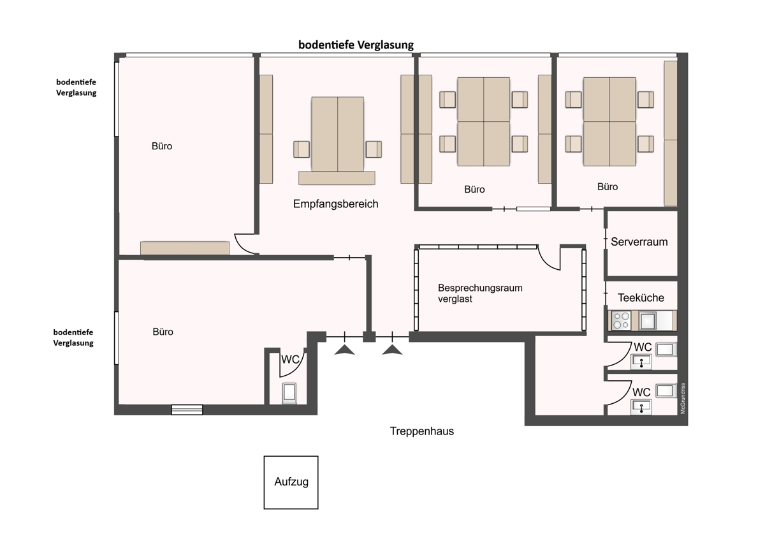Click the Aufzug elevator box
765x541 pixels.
[291, 482]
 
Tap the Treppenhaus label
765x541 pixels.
[422, 431]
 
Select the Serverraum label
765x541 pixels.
[639, 242]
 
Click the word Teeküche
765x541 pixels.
[641, 298]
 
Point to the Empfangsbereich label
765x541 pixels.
[336, 204]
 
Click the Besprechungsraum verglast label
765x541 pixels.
[480, 293]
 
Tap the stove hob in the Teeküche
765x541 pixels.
[621, 320]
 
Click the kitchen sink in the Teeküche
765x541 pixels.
[648, 320]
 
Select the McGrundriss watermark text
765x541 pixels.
[683, 398]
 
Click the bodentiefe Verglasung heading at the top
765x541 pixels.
[356, 45]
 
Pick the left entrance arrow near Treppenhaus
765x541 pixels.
[345, 350]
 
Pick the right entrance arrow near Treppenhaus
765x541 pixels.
[392, 350]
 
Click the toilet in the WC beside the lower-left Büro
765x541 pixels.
[289, 394]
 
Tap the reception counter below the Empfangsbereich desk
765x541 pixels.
[337, 178]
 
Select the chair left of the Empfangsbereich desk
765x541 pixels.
[302, 149]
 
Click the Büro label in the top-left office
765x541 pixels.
[162, 146]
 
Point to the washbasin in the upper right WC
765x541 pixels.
[641, 362]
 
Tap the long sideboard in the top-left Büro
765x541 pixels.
[185, 248]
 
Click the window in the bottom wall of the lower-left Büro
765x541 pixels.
[187, 410]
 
